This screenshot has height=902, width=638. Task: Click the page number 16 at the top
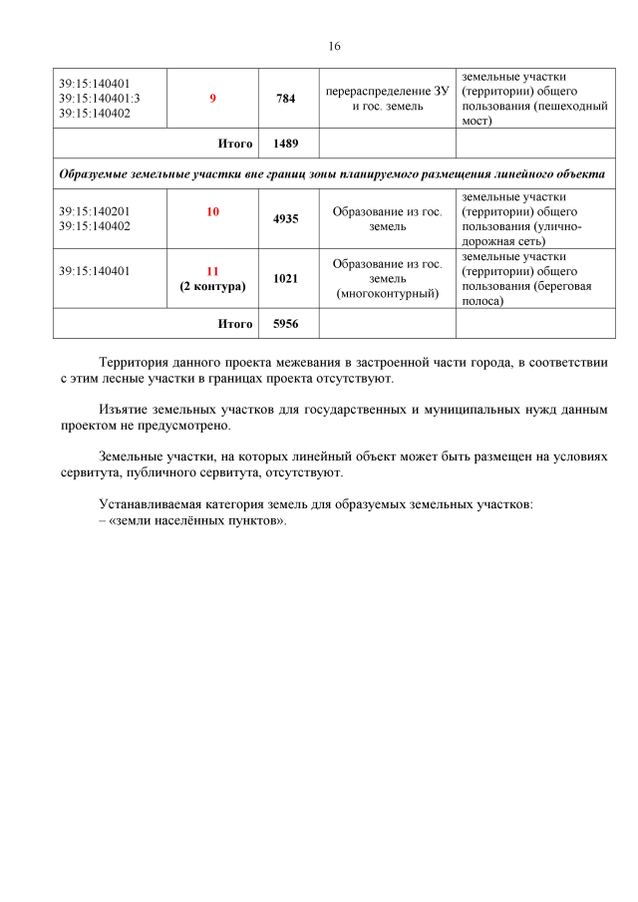tap(334, 47)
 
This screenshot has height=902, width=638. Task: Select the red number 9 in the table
tap(212, 99)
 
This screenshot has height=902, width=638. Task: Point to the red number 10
tap(212, 212)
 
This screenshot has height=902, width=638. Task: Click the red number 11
tap(212, 271)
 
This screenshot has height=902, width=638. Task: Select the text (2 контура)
tap(212, 286)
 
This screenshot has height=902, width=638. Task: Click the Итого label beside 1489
tap(235, 144)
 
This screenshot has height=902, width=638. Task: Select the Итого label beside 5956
tap(235, 324)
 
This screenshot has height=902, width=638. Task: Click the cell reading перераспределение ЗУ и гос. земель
tap(387, 99)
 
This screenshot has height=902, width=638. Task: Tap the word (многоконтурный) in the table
tap(387, 295)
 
